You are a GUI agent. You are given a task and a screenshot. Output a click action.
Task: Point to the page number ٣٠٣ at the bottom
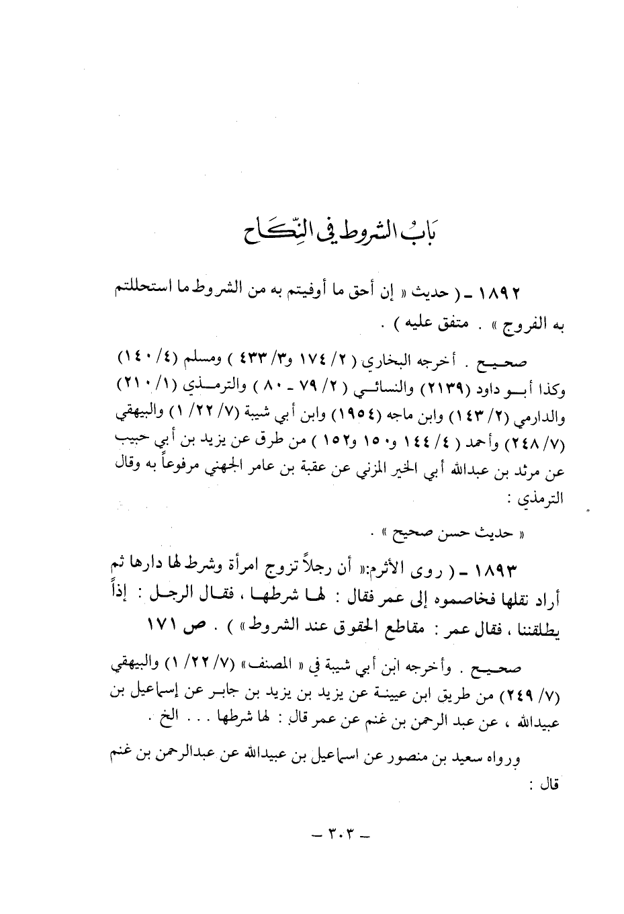click(332, 838)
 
